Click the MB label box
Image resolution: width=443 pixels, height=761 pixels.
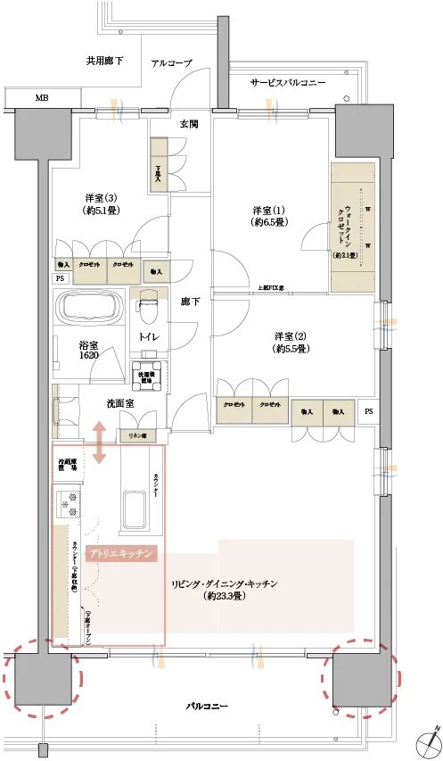tap(42, 97)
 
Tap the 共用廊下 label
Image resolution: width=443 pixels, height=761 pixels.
tap(105, 62)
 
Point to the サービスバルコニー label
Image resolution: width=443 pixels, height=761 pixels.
tap(287, 83)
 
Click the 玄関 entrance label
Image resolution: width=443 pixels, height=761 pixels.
tap(189, 124)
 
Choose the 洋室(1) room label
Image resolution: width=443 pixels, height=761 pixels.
tap(267, 217)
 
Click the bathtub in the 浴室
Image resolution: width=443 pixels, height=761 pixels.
tap(93, 309)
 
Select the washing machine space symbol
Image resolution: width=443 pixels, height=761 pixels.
tap(149, 375)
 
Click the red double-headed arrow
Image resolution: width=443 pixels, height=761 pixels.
tap(98, 443)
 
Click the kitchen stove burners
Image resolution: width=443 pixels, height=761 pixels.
tap(69, 505)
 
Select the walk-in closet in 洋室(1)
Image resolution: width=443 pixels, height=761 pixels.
tap(354, 227)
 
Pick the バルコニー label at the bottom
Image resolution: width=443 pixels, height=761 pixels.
tap(206, 706)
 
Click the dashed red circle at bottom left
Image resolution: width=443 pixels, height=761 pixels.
tap(41, 677)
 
